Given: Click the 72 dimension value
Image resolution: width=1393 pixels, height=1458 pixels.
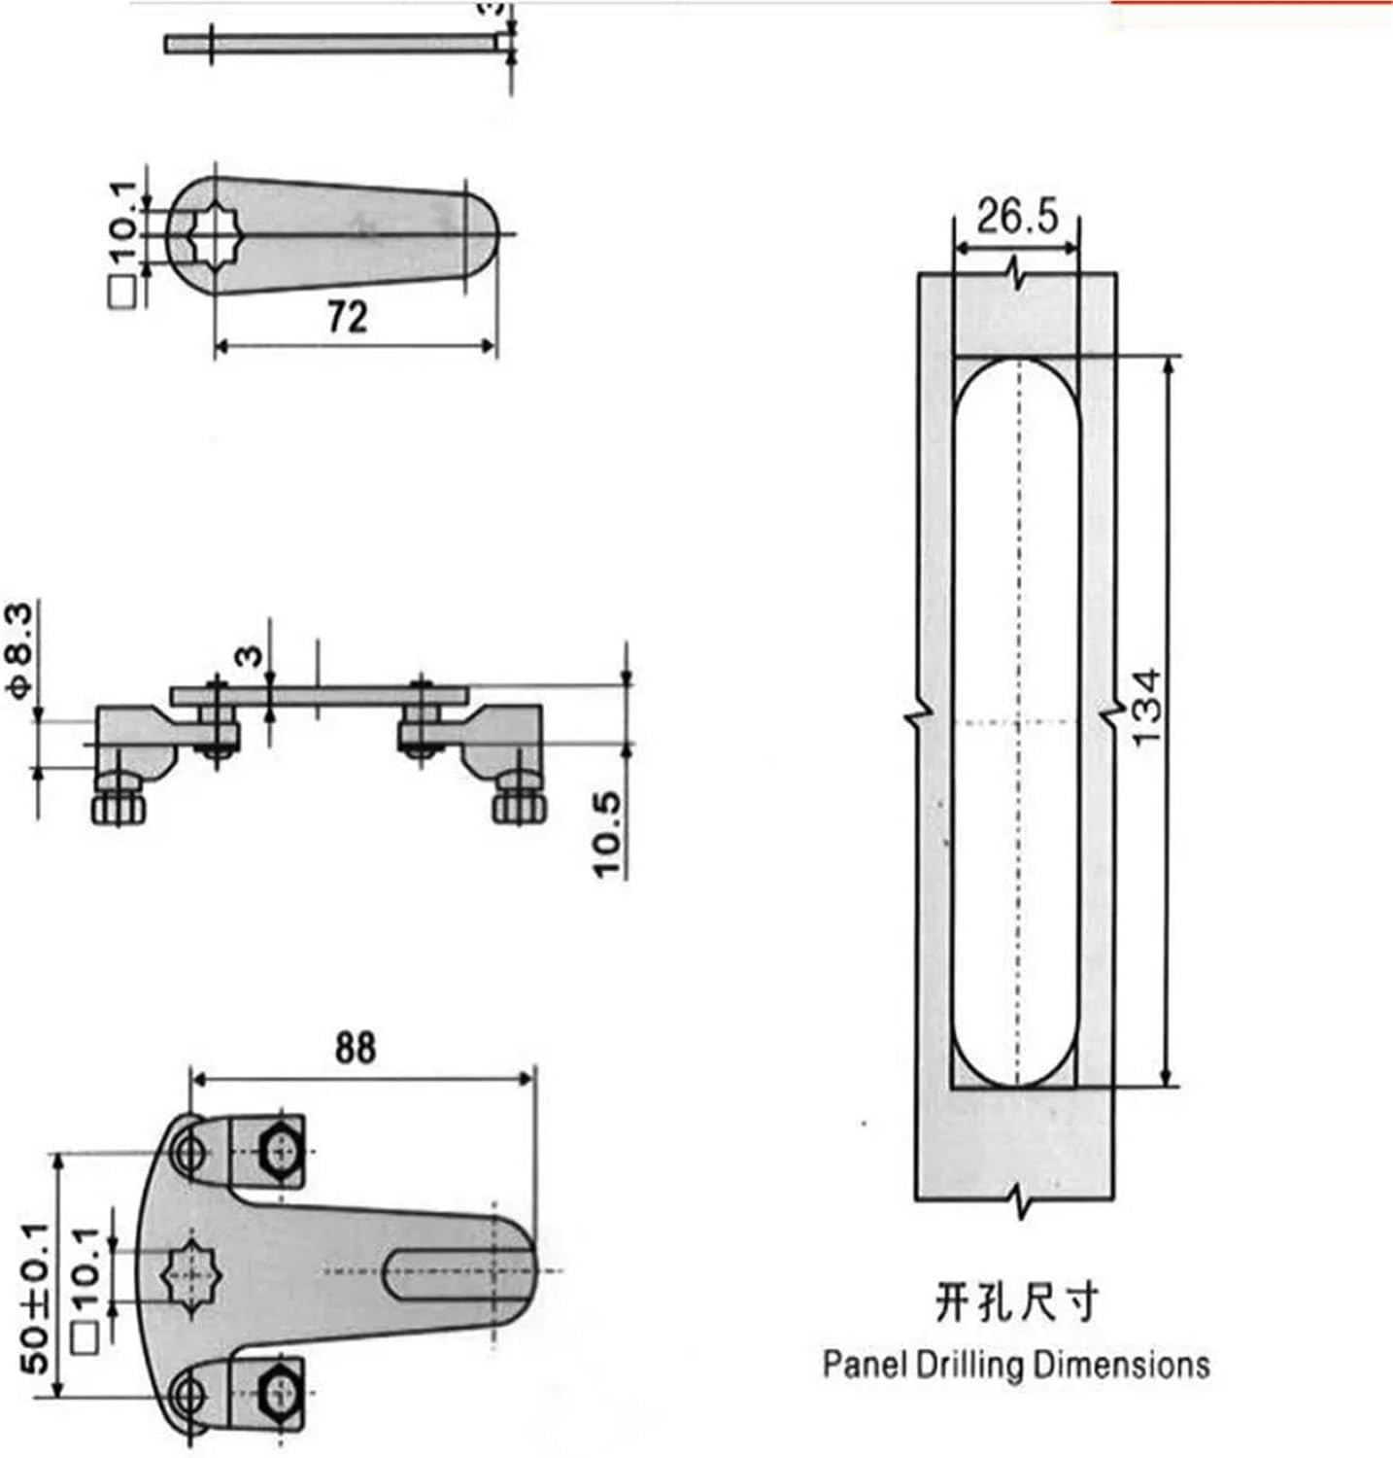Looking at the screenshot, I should pos(348,317).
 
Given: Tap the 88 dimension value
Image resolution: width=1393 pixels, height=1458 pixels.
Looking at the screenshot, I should pos(355,1049).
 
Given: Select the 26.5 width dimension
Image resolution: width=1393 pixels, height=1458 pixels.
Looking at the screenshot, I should pos(1016,218).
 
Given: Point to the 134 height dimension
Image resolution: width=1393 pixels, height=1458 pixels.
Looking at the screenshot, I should pos(1146,707).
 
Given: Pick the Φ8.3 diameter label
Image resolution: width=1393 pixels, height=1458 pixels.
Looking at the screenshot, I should pos(21,649).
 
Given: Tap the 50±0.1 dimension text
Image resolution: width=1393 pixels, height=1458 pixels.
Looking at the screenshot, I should pos(36,1298).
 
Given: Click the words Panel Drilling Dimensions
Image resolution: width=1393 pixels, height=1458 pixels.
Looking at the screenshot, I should pos(1016,1364).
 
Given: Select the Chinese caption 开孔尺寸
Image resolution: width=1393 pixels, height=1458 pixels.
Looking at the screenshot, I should pos(1016,1302).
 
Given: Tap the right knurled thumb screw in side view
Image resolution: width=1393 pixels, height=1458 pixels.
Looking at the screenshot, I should pos(520,807).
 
